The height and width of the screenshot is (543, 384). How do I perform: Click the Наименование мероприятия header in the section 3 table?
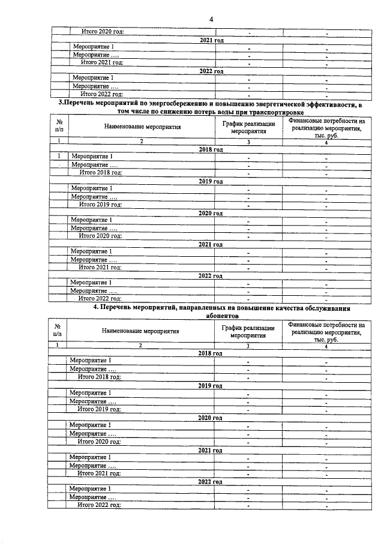coord(142,127)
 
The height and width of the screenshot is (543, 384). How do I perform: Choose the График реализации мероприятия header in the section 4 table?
coord(248,332)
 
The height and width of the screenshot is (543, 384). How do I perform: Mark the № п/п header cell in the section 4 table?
coord(58,332)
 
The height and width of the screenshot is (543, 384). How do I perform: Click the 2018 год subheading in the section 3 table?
coord(211,149)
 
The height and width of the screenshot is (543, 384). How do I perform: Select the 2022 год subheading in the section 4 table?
coord(210,482)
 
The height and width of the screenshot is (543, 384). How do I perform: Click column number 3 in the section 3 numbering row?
coord(248,142)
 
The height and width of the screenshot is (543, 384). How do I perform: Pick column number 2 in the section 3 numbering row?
coord(142,142)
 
